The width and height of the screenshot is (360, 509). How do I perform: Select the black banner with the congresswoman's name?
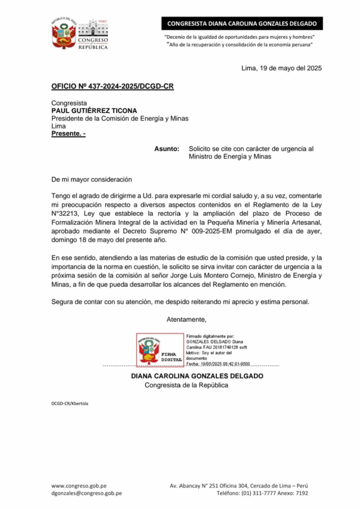(x=242, y=23)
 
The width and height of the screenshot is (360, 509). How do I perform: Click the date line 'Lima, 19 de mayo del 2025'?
(x=281, y=69)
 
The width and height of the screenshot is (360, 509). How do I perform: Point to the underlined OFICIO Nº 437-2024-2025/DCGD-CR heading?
(x=112, y=86)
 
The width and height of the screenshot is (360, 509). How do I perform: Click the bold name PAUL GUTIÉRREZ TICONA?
(x=94, y=111)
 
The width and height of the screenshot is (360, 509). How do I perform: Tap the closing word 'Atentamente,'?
(x=186, y=319)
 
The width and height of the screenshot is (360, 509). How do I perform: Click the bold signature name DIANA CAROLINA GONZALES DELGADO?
(x=197, y=376)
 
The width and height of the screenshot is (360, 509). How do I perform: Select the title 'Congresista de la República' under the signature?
(x=186, y=385)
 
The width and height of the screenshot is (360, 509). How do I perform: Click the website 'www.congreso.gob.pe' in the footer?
(x=79, y=486)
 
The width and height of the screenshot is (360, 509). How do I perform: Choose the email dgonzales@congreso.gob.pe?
(x=87, y=493)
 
